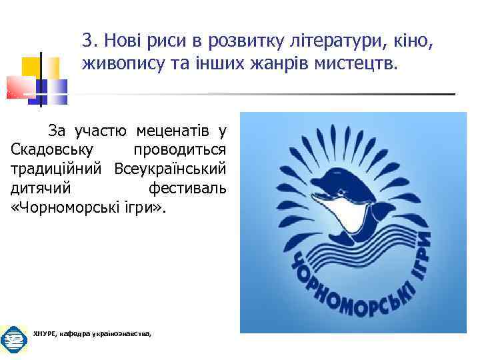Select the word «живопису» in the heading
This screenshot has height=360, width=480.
(x=116, y=64)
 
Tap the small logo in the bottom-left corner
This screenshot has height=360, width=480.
(x=13, y=341)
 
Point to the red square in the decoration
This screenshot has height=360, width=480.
(x=20, y=87)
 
